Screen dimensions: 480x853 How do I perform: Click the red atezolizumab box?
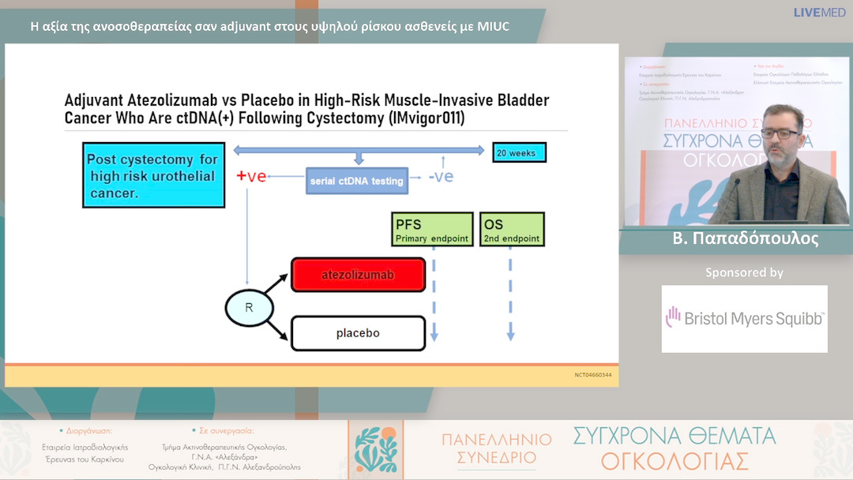[358, 275]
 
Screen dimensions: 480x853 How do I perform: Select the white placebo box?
[358, 332]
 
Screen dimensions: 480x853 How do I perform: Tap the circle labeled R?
[249, 307]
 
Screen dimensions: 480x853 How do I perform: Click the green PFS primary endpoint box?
[432, 229]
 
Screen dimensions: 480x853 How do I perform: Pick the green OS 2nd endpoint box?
[512, 229]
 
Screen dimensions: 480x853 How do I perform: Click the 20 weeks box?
[519, 152]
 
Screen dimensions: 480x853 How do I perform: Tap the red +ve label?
[251, 176]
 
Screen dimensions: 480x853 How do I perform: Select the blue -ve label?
[441, 176]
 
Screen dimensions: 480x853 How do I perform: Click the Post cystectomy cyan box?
[152, 175]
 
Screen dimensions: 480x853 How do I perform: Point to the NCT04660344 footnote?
[592, 374]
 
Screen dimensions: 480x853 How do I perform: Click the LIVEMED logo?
[818, 13]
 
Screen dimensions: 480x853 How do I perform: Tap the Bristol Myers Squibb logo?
[744, 318]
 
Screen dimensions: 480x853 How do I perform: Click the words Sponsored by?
[744, 272]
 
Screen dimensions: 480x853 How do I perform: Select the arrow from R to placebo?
[277, 326]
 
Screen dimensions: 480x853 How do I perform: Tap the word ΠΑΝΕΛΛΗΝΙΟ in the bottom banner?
[496, 440]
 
